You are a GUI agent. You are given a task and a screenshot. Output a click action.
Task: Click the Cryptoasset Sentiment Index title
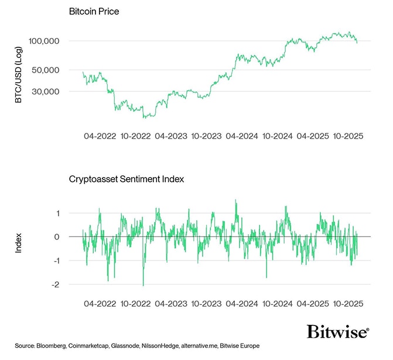[x=127, y=179]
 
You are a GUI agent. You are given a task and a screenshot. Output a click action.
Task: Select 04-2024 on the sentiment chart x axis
[x=240, y=304]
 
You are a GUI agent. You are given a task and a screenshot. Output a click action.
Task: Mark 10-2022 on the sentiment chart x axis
[x=135, y=304]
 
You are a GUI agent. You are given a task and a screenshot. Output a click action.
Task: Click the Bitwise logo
[x=338, y=332]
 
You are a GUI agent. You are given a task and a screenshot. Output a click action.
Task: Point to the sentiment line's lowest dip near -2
[x=143, y=284]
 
